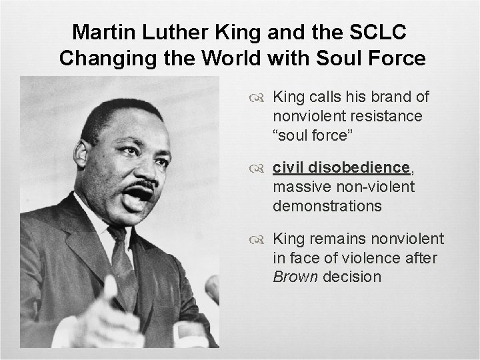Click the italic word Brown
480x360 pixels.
click(x=294, y=277)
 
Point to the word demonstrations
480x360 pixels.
click(x=327, y=207)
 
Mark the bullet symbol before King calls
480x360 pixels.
click(x=261, y=99)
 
